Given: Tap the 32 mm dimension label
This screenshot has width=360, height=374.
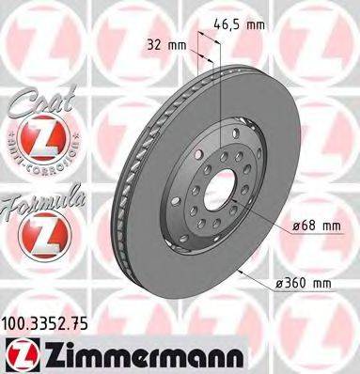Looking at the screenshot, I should tap(163, 43).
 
